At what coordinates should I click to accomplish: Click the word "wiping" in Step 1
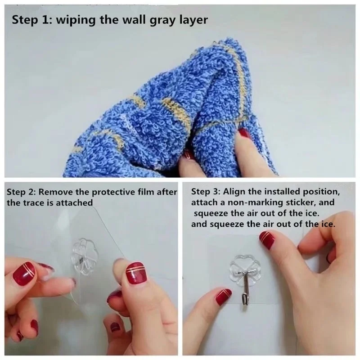tap(76, 20)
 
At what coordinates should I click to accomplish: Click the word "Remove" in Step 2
tap(52, 192)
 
